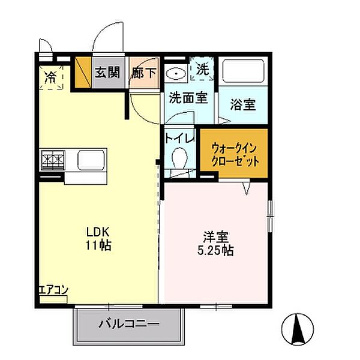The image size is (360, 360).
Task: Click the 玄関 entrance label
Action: [107, 73]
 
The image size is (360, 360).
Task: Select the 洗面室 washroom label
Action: [188, 98]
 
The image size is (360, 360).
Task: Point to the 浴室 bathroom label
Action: [242, 104]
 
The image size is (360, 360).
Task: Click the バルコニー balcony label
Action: [128, 324]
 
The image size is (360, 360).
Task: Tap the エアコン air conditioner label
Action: [53, 290]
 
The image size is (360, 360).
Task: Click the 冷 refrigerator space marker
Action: [51, 77]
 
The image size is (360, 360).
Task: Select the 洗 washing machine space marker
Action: [203, 70]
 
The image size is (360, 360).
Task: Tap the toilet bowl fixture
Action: [179, 159]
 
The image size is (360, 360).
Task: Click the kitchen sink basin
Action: [90, 160]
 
